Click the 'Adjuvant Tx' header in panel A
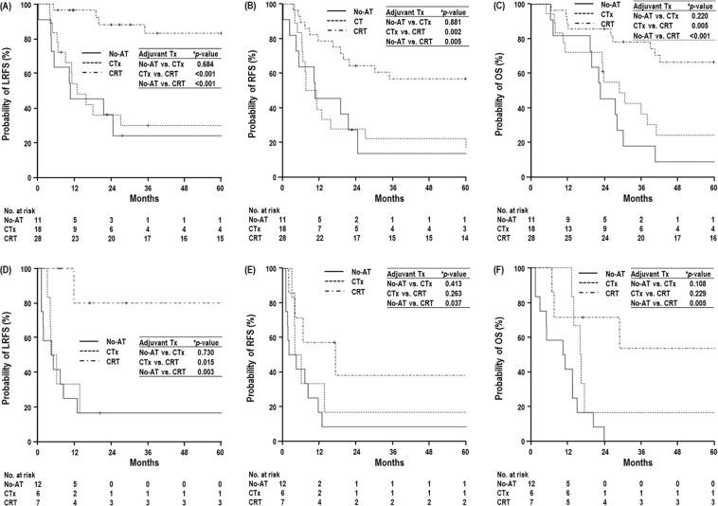pos(159,53)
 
